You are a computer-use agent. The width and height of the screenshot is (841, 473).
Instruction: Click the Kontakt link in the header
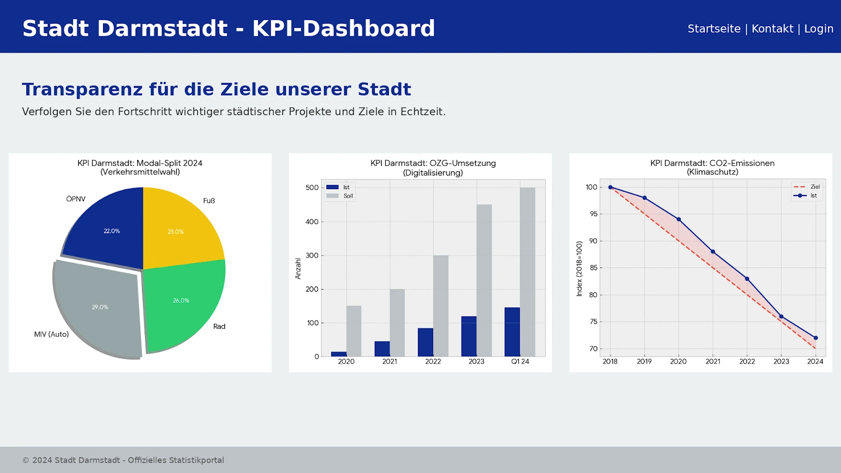772,29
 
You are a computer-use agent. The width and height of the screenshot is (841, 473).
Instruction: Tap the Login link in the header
818,29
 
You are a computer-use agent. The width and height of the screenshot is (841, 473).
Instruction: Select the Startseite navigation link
714,29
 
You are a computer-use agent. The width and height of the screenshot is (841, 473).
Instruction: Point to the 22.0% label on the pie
111,231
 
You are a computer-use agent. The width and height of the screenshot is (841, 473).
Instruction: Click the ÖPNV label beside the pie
76,199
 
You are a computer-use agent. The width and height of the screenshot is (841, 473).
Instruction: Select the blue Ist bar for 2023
469,336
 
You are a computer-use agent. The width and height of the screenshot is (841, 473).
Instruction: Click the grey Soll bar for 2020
354,331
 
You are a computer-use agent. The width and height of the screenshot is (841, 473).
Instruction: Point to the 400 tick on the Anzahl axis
312,222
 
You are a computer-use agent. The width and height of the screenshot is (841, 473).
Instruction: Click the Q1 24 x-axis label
520,362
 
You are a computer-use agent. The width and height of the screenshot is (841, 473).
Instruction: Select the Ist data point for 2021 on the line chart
713,252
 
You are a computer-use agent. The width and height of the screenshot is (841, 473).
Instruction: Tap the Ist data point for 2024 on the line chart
815,338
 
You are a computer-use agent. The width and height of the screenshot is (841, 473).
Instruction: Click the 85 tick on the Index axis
593,268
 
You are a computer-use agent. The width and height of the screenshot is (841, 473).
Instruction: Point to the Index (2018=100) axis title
579,269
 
